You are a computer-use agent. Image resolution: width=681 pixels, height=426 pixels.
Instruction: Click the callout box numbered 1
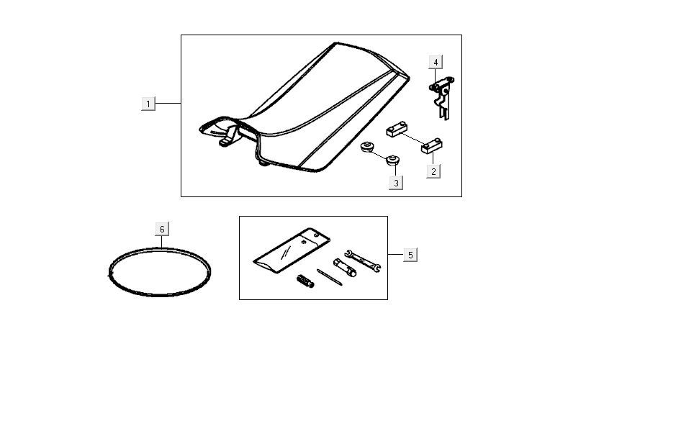point(148,104)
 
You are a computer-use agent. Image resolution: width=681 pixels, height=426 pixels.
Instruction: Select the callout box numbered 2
point(433,171)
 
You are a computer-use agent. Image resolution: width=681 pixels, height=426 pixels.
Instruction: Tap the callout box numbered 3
point(395,183)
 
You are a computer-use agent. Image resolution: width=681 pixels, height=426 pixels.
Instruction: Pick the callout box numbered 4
point(436,62)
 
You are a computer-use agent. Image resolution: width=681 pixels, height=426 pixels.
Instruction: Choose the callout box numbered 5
point(410,255)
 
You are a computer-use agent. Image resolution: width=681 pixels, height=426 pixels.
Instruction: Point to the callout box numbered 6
point(162,229)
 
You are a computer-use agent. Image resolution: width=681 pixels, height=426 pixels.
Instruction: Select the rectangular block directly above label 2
point(431,148)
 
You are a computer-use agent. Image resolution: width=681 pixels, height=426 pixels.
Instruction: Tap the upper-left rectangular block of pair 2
point(396,131)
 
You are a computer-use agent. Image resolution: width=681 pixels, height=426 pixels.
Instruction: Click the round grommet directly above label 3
point(393,160)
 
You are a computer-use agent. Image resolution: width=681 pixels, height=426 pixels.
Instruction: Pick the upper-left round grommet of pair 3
point(367,148)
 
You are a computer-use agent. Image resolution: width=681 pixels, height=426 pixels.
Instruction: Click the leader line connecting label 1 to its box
point(168,104)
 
